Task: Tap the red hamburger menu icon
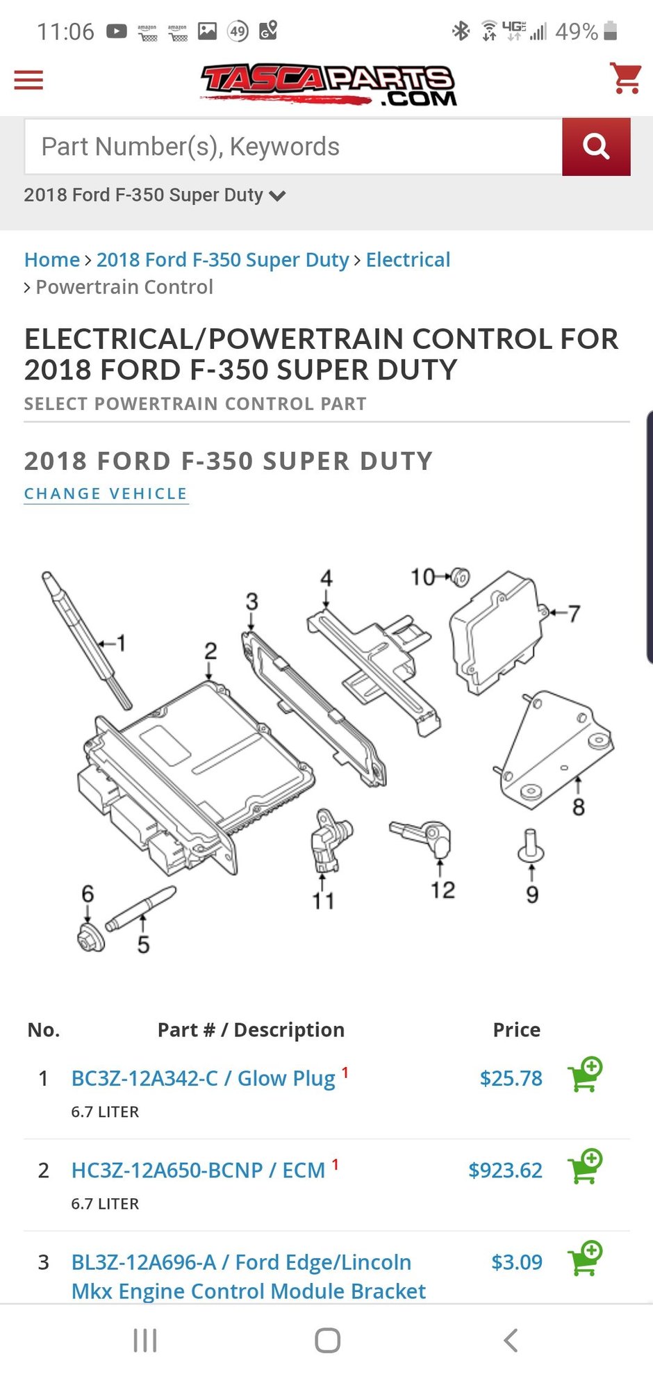click(x=28, y=80)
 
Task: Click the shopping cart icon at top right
click(x=625, y=78)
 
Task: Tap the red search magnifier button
click(x=596, y=147)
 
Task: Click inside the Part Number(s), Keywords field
click(x=292, y=147)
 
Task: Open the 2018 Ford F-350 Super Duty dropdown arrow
click(x=277, y=196)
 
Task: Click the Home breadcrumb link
click(x=52, y=260)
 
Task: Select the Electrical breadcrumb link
click(x=408, y=260)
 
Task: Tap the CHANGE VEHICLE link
click(x=106, y=493)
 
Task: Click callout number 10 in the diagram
click(x=422, y=577)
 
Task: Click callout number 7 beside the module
click(x=574, y=613)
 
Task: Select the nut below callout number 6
click(x=91, y=938)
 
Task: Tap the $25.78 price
click(x=511, y=1078)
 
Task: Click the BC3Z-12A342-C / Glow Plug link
click(x=203, y=1078)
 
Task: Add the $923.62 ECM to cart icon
click(x=585, y=1167)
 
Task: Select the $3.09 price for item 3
click(x=516, y=1262)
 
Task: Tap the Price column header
click(x=516, y=1029)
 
